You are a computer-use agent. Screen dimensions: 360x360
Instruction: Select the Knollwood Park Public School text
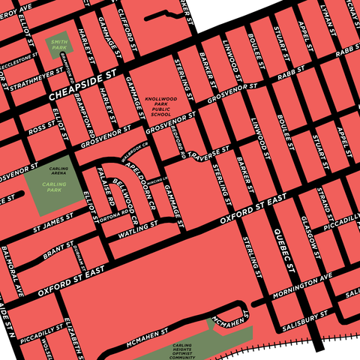coord(161,106)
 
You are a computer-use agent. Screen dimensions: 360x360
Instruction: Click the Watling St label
coord(133,232)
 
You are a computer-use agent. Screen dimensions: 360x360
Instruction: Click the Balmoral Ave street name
coord(11,271)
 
